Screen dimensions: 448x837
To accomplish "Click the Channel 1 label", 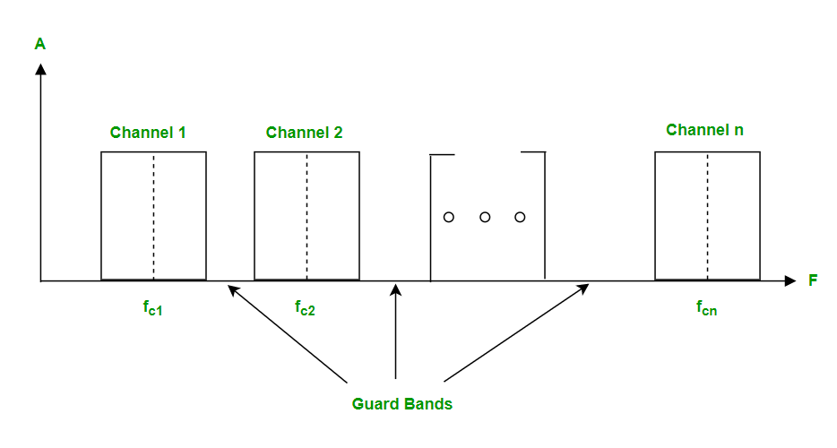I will (x=148, y=133).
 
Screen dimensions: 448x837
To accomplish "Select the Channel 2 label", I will (x=304, y=133).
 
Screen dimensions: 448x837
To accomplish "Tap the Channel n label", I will (x=704, y=130).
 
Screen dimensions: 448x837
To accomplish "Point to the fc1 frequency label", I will (x=152, y=308).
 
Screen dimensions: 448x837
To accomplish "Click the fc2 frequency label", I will (x=305, y=308).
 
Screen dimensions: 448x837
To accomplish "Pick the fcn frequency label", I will (x=706, y=308).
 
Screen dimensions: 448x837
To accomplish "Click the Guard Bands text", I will (x=401, y=404).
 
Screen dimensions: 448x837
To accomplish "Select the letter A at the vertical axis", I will (x=39, y=43).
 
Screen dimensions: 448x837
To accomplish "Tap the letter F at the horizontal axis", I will (x=813, y=280).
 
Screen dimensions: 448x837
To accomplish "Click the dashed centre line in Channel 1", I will (x=153, y=215).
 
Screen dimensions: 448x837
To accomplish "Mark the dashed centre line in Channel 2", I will (x=306, y=215).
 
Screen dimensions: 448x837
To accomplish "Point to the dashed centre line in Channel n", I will (x=707, y=215).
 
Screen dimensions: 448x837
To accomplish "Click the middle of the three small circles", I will (x=485, y=217).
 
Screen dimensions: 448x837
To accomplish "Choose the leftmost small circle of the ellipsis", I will (x=449, y=217).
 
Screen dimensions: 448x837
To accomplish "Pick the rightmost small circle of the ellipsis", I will (x=520, y=217).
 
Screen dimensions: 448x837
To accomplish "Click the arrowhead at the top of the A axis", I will (x=40, y=68).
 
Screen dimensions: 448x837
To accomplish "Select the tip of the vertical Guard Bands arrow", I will (x=395, y=287).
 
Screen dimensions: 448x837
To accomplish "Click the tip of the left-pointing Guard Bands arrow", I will (x=229, y=287).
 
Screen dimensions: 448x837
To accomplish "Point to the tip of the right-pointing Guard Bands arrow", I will (x=588, y=286).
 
